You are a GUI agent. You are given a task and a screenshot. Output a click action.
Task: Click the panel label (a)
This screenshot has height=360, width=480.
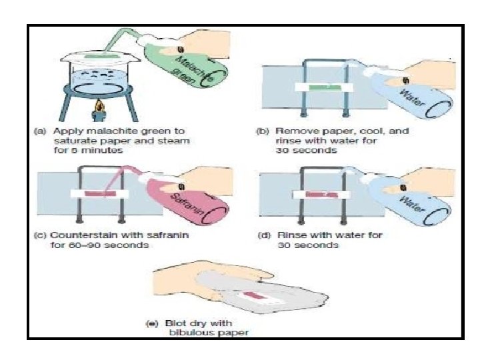[x=45, y=131]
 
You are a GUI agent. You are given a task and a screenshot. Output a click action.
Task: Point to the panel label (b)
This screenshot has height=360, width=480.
[x=263, y=131]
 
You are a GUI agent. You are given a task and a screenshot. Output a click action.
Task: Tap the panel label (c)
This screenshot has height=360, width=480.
[x=45, y=235]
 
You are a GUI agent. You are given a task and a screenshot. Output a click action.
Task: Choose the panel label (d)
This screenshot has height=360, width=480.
[x=263, y=235]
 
